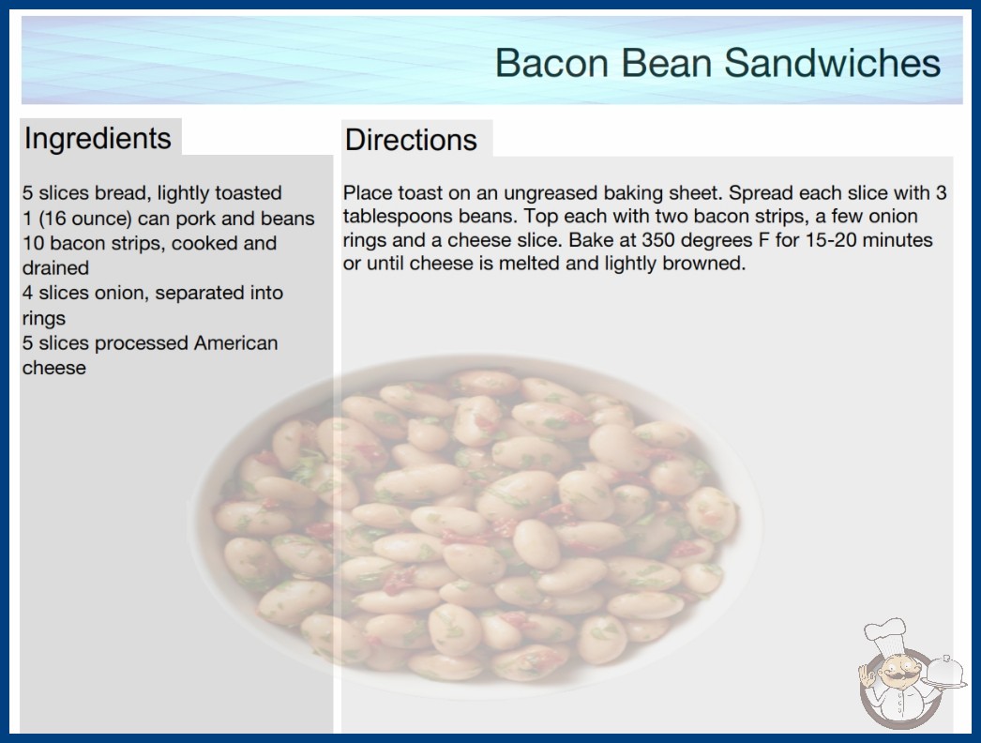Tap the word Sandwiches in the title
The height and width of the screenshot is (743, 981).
pos(832,63)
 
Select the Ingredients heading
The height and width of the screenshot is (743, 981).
pos(98,139)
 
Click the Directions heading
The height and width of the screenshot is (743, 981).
pos(411,140)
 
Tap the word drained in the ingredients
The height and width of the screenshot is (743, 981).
pos(55,268)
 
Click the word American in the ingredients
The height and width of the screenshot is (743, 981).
pos(235,343)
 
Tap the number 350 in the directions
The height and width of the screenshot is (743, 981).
pos(658,240)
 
